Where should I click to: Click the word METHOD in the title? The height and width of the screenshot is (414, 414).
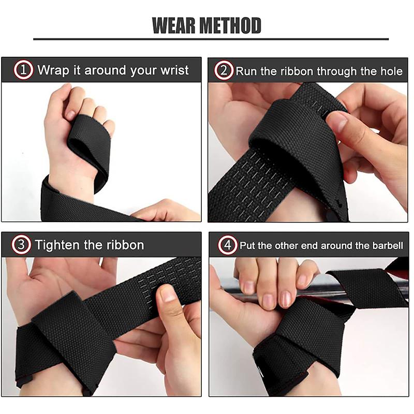[230, 25]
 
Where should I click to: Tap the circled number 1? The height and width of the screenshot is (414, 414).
[23, 70]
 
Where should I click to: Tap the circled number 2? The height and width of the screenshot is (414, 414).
[224, 70]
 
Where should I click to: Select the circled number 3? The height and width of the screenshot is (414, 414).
[22, 245]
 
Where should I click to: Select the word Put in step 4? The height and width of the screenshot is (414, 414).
[246, 245]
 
